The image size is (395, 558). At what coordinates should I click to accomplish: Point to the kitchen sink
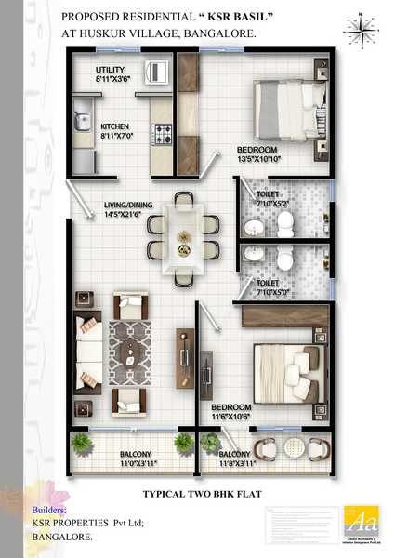[81, 121]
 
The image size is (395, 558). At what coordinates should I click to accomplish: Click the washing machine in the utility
[158, 71]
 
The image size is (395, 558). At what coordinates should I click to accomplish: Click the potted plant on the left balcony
[82, 441]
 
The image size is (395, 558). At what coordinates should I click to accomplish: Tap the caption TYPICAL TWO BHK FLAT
[197, 494]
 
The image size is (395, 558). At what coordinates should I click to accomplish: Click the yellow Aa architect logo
[358, 521]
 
